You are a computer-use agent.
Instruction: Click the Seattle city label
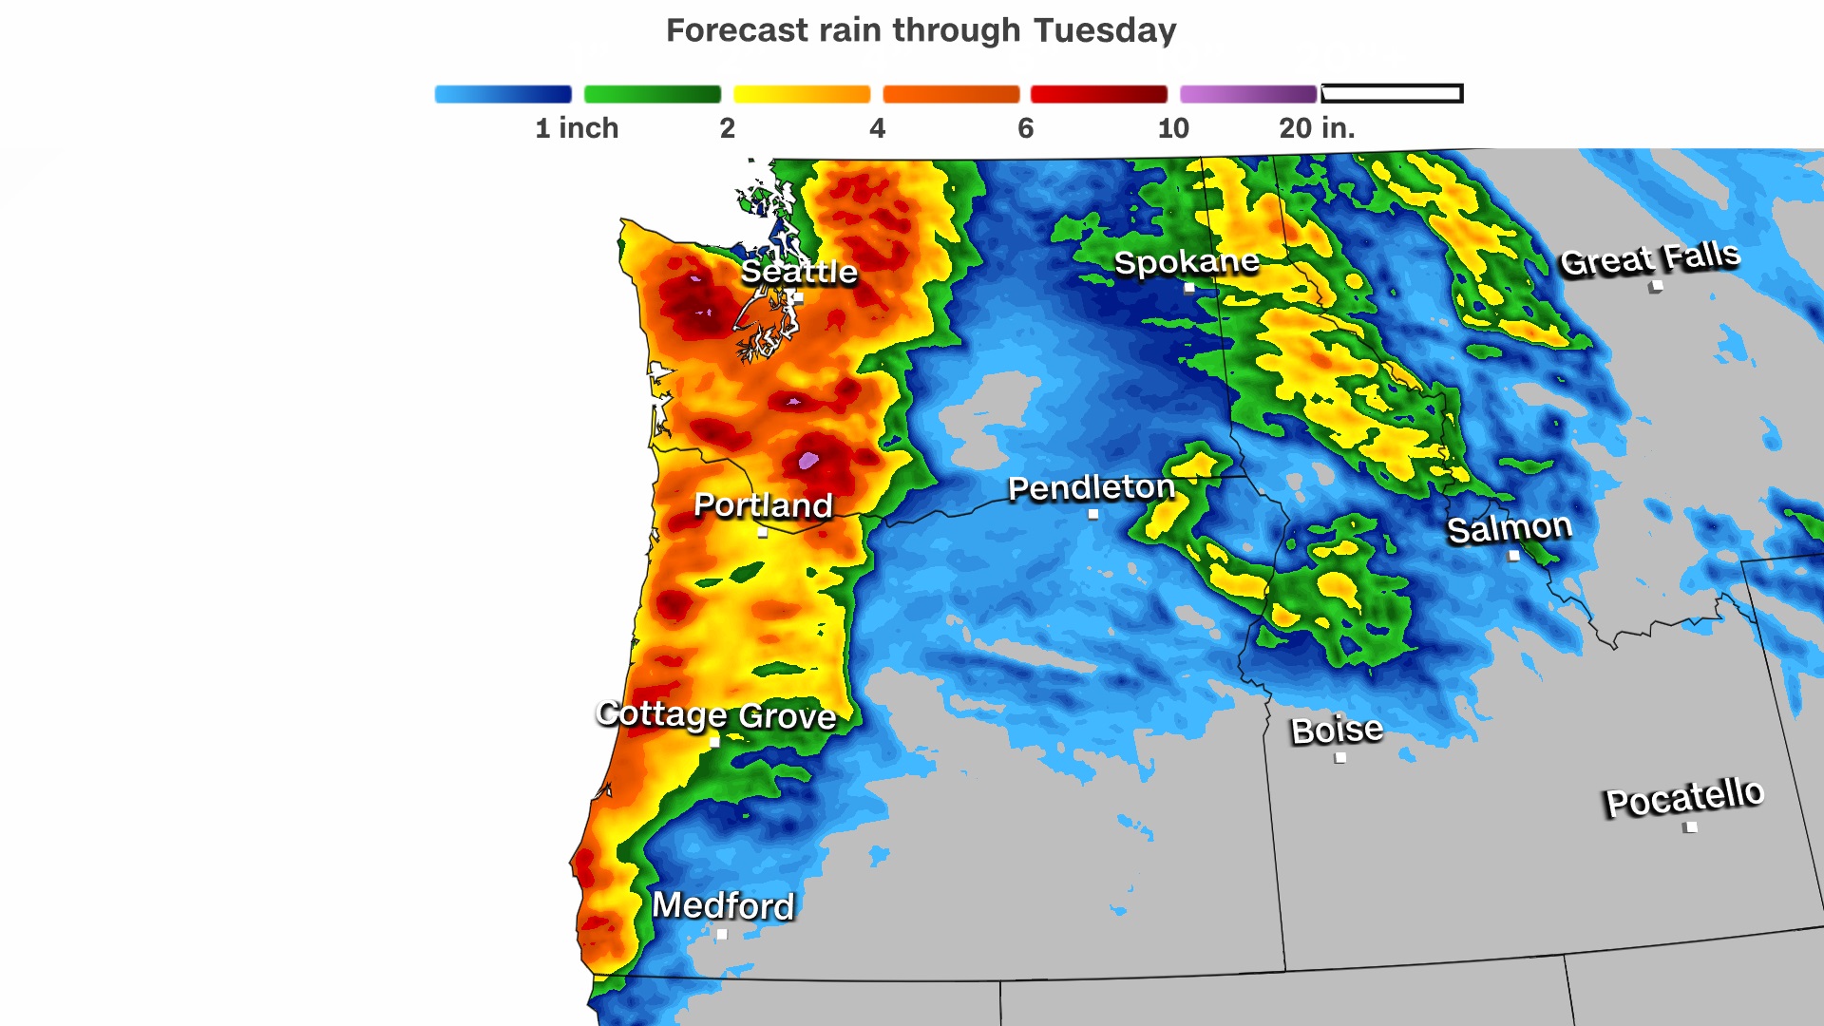coord(798,272)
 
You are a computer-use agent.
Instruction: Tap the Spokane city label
coord(1187,261)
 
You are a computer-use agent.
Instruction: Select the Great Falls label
coord(1649,257)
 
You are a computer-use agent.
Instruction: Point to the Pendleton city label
coord(1092,487)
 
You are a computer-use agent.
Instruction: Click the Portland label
coord(763,504)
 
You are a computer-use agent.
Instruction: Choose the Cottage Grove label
coord(716,714)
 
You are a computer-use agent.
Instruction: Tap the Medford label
coord(723,905)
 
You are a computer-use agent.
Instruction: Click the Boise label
coord(1337,730)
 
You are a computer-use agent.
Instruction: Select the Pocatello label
coord(1684,796)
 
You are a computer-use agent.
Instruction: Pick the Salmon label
coord(1509,528)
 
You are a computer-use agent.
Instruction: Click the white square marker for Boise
coord(1340,757)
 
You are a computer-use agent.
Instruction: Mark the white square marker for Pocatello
coord(1691,826)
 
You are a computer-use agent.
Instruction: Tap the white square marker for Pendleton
coord(1093,514)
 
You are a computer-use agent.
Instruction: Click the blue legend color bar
coord(503,94)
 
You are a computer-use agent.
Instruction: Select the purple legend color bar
coord(1247,94)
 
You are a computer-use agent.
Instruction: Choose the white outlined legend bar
coord(1392,93)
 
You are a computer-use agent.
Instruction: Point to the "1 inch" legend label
coord(577,128)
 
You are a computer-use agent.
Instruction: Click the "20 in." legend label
coord(1316,128)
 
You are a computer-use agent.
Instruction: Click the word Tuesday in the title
coord(1105,30)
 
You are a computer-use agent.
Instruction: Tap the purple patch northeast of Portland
coord(808,461)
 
